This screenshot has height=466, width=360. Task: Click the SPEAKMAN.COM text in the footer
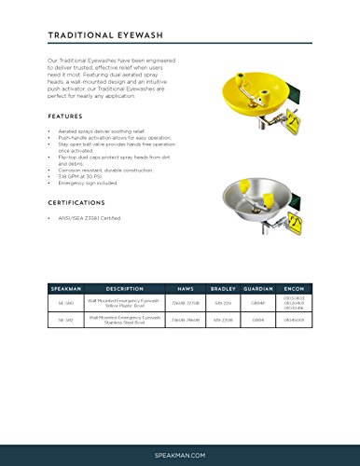point(179,450)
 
